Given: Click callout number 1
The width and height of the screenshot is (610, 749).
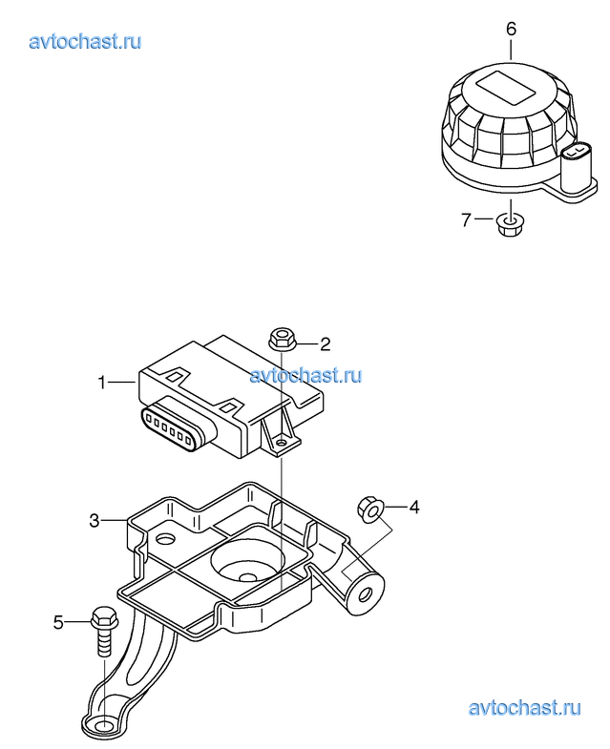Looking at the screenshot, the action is point(101,383).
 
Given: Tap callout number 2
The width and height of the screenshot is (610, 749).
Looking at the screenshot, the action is point(326,343).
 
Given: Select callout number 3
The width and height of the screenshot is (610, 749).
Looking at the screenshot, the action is point(95,520).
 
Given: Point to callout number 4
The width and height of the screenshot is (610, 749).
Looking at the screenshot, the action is point(414,507).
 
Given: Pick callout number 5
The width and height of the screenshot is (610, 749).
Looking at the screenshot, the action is point(58,622).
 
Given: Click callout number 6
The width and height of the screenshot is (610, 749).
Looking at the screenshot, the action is point(511,30).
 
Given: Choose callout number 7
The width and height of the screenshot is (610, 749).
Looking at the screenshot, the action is point(466,219).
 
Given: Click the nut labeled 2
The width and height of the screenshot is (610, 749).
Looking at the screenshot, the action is point(282,339).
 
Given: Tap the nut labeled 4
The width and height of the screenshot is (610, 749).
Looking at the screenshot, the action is point(370,510).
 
